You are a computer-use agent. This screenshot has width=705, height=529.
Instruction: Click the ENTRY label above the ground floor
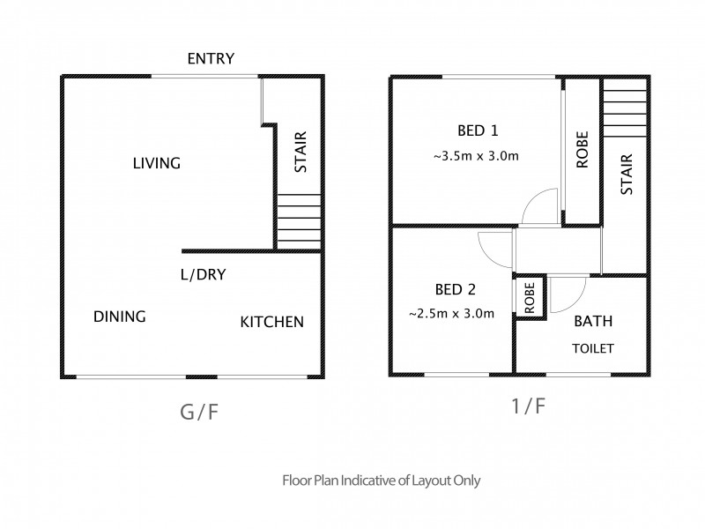[x=211, y=59]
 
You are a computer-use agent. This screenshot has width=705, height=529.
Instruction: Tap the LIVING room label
[x=157, y=163]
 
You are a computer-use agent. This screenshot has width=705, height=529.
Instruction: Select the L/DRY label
[x=203, y=274]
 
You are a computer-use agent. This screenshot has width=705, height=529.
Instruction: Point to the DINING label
[x=119, y=317]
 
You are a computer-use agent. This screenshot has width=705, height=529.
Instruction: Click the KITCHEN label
[x=272, y=322]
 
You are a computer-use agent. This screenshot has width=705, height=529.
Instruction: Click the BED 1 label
[x=478, y=131]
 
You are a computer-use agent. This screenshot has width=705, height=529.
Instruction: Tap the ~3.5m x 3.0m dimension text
[x=475, y=156]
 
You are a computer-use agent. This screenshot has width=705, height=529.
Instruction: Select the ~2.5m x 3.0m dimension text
[x=450, y=313]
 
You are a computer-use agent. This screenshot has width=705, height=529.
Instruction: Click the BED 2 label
[x=455, y=289]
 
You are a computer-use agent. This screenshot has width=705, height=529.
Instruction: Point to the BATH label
[x=593, y=322]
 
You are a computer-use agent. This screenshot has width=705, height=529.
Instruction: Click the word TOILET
[x=593, y=347]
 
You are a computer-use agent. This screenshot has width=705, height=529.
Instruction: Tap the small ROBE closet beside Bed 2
[x=531, y=298]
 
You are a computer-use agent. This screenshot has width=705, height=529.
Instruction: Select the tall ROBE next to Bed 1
[x=582, y=151]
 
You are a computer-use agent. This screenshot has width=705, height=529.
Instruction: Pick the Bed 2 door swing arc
[x=490, y=249]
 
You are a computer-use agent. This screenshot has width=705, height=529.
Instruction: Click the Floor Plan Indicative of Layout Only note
[x=380, y=481]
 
